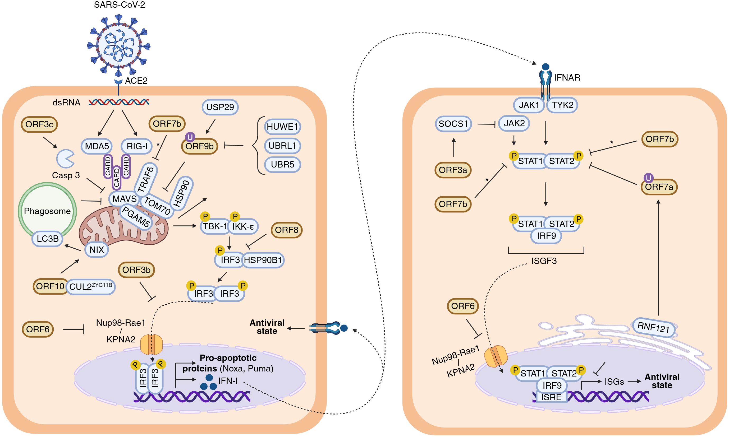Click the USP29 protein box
[220, 107]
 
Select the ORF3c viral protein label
[39, 124]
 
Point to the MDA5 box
[97, 146]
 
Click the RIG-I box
[137, 146]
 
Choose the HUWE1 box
[282, 127]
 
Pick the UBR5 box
[282, 164]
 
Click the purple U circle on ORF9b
[190, 137]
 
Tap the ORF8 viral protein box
[286, 230]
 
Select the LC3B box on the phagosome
[47, 239]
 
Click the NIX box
[97, 250]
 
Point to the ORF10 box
[50, 286]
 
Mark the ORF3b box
[136, 270]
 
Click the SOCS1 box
[453, 124]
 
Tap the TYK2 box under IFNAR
[562, 105]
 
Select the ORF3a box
[453, 170]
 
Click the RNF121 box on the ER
[653, 327]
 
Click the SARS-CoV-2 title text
[119, 5]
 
